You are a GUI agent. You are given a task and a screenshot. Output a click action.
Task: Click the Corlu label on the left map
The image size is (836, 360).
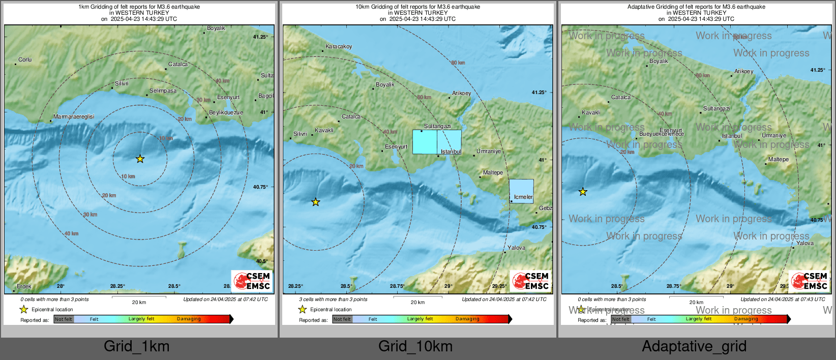click(x=25, y=60)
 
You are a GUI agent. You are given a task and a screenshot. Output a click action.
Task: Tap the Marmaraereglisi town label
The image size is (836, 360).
click(x=74, y=117)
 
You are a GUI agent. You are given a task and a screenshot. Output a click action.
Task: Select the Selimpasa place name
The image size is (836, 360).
click(x=163, y=91)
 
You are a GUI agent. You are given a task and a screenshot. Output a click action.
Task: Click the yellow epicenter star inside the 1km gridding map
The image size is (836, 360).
click(x=140, y=159)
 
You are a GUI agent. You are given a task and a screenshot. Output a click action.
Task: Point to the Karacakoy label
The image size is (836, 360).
click(x=339, y=47)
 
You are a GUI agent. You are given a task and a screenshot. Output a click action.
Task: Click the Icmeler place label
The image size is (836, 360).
click(x=523, y=197)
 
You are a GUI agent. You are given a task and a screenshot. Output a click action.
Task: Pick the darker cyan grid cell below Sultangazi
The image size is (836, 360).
click(x=425, y=142)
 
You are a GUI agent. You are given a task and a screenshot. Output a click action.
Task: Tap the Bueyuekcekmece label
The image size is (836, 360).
click(x=661, y=134)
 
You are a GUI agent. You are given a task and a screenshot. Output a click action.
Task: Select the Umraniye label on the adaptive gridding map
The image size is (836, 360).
click(x=773, y=136)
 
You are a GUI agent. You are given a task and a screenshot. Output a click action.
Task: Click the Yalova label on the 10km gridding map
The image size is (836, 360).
click(x=516, y=248)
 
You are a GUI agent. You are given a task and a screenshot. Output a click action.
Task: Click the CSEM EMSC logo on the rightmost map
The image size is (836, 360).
click(x=809, y=281)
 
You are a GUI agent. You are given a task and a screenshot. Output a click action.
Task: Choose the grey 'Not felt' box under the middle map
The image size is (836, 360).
click(x=342, y=319)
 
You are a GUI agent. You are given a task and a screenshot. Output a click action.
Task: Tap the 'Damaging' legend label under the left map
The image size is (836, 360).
click(x=189, y=319)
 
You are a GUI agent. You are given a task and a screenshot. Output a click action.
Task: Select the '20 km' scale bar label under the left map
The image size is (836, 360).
click(x=139, y=303)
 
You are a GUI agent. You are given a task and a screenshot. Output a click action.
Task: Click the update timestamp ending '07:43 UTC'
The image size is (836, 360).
click(x=783, y=299)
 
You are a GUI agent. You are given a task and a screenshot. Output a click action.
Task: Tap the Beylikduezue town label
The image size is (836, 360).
click(x=226, y=113)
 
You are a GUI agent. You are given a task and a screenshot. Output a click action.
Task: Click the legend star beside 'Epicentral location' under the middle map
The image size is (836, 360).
click(x=303, y=310)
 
